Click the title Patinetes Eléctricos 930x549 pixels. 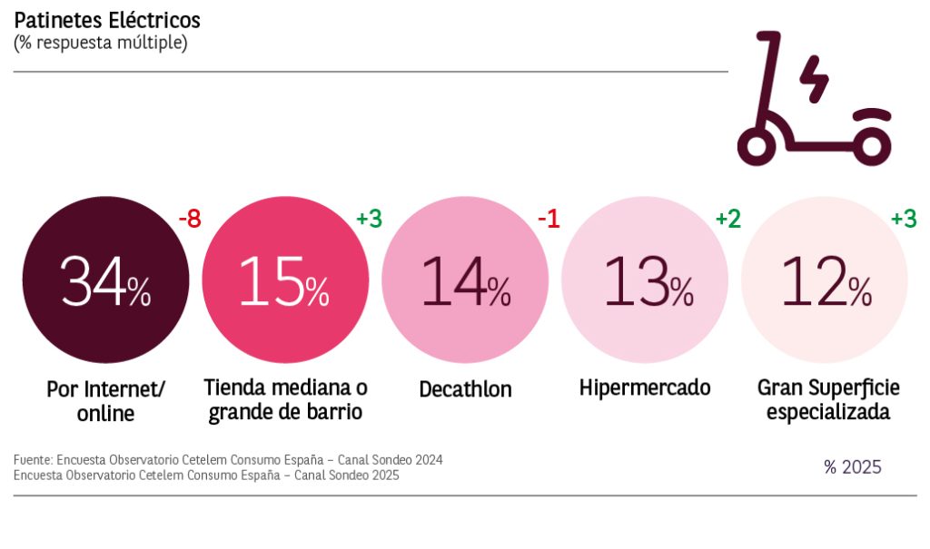(107, 20)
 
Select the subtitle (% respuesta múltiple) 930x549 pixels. (100, 43)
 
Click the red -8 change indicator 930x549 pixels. (189, 219)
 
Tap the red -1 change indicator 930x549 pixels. (548, 219)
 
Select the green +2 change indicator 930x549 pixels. (728, 219)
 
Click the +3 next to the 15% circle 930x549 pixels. (368, 219)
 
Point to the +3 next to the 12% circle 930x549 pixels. (903, 219)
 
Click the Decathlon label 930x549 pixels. (465, 390)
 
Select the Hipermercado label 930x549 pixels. (645, 388)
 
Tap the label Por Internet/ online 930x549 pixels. (105, 401)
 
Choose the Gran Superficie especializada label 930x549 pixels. (828, 400)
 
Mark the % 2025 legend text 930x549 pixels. (853, 467)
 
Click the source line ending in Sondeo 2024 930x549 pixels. (228, 460)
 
